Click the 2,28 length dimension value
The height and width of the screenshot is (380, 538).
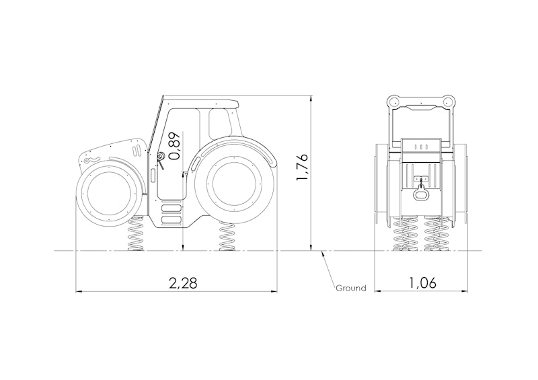tap(183, 283)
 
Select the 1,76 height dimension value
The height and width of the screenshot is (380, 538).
tap(302, 169)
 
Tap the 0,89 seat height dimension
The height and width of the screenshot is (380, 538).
tap(174, 145)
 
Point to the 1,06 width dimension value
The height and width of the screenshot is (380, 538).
tap(422, 283)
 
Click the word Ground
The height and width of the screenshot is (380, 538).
tap(350, 288)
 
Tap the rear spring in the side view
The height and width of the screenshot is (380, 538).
tap(227, 237)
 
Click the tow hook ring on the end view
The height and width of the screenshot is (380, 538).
tap(421, 194)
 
